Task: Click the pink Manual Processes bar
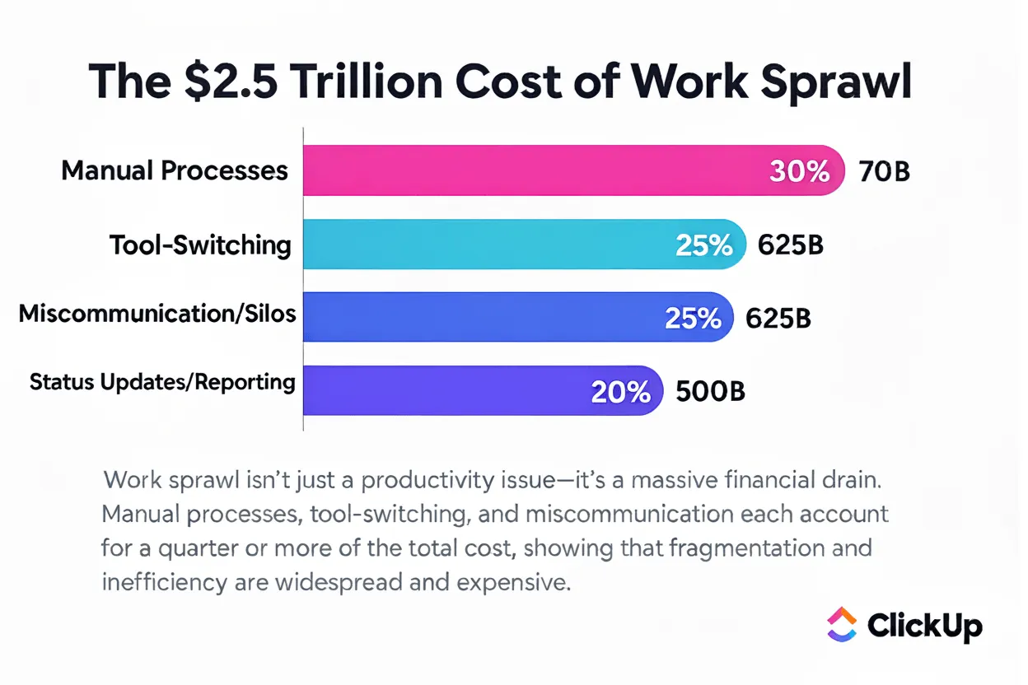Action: [x=573, y=170]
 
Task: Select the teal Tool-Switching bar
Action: [x=525, y=244]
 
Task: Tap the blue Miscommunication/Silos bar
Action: [x=518, y=317]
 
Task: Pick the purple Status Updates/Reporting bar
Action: [x=484, y=390]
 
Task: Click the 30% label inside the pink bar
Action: [x=800, y=171]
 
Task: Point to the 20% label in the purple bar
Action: [x=620, y=392]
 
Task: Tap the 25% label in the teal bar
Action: [x=703, y=245]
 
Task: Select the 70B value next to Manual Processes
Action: [x=885, y=171]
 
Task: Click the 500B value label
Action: [x=710, y=391]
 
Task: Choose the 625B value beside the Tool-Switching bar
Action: [x=790, y=245]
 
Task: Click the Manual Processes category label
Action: [x=175, y=170]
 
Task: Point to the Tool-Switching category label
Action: [x=200, y=245]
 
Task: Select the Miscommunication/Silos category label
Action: [x=157, y=315]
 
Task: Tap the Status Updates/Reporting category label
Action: [x=162, y=382]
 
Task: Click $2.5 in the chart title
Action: [x=231, y=82]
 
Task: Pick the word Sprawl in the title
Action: [x=835, y=82]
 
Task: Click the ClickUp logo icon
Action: [x=842, y=624]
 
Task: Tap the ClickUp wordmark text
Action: [x=925, y=627]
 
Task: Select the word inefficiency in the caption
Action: [x=164, y=583]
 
